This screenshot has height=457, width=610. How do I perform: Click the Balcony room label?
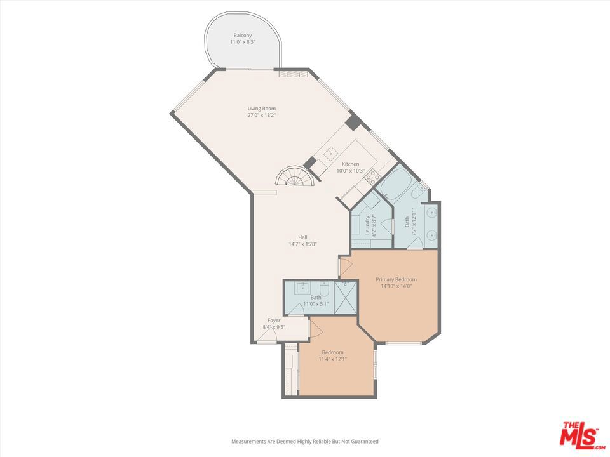242,35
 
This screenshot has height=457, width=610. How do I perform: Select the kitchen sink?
330,152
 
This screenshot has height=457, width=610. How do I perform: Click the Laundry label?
367,225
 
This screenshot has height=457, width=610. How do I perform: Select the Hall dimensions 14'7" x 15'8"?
302,244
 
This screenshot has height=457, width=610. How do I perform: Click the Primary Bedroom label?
396,279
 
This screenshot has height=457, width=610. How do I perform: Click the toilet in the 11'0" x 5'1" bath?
324,289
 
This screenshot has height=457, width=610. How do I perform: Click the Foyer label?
274,321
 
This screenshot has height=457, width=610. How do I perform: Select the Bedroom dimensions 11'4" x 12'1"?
332,359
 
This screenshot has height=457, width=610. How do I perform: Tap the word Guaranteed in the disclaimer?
362,441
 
